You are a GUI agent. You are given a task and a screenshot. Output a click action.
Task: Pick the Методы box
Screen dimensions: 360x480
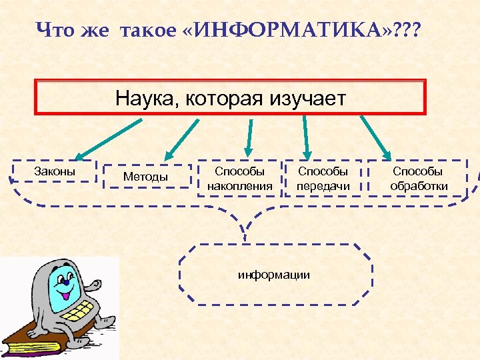146,177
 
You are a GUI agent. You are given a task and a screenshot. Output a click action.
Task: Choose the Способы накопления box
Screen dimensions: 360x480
239,179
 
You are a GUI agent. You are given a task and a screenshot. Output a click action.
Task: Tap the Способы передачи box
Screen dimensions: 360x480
323,179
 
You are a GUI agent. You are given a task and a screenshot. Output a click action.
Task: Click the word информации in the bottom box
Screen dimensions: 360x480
274,274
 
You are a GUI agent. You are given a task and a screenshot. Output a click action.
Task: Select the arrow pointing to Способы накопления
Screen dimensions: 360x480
249,137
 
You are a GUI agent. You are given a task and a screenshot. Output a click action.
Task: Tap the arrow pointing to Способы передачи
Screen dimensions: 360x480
307,137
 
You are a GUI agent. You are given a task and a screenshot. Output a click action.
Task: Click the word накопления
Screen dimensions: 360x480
239,186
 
